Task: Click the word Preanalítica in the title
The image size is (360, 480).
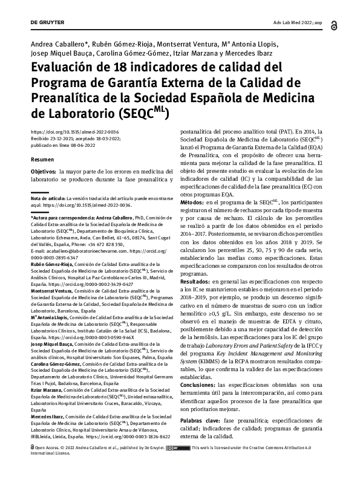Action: click(64, 98)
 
